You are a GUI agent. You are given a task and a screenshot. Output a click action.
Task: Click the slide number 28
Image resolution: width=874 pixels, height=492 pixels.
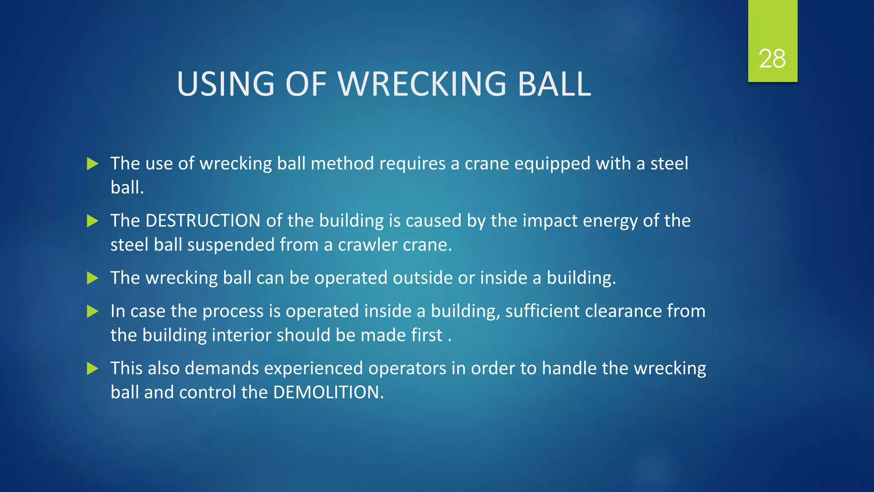tap(772, 59)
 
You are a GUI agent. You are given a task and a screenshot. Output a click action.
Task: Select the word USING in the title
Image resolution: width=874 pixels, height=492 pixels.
tap(226, 84)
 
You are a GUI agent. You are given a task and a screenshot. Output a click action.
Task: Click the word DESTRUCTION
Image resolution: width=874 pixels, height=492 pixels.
tap(203, 221)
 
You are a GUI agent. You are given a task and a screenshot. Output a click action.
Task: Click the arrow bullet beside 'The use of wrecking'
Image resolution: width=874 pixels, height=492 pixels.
tap(93, 164)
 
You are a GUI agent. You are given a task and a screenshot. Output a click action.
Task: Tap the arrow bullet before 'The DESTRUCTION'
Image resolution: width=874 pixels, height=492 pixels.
tap(93, 221)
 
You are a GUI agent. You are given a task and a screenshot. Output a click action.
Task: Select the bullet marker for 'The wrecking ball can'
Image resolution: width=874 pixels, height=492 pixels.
tap(93, 278)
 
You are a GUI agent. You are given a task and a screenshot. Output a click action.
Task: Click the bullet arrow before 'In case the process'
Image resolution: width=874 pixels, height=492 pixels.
tap(93, 311)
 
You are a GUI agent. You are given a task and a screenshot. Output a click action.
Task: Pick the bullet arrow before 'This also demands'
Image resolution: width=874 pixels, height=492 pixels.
tap(93, 369)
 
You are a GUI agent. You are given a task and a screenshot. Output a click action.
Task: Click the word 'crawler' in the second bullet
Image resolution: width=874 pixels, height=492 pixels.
tap(367, 245)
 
